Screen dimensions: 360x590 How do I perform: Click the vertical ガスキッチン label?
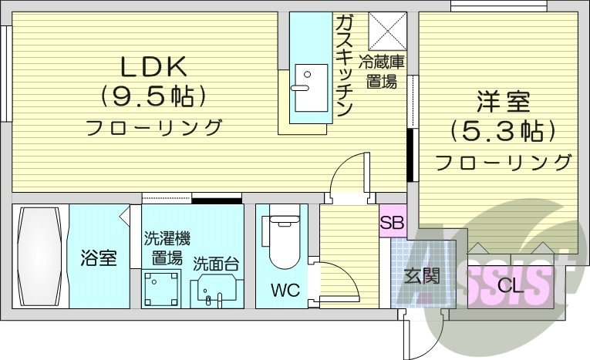344,66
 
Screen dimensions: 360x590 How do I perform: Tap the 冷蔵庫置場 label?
386,72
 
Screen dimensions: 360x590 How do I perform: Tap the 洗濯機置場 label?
165,247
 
